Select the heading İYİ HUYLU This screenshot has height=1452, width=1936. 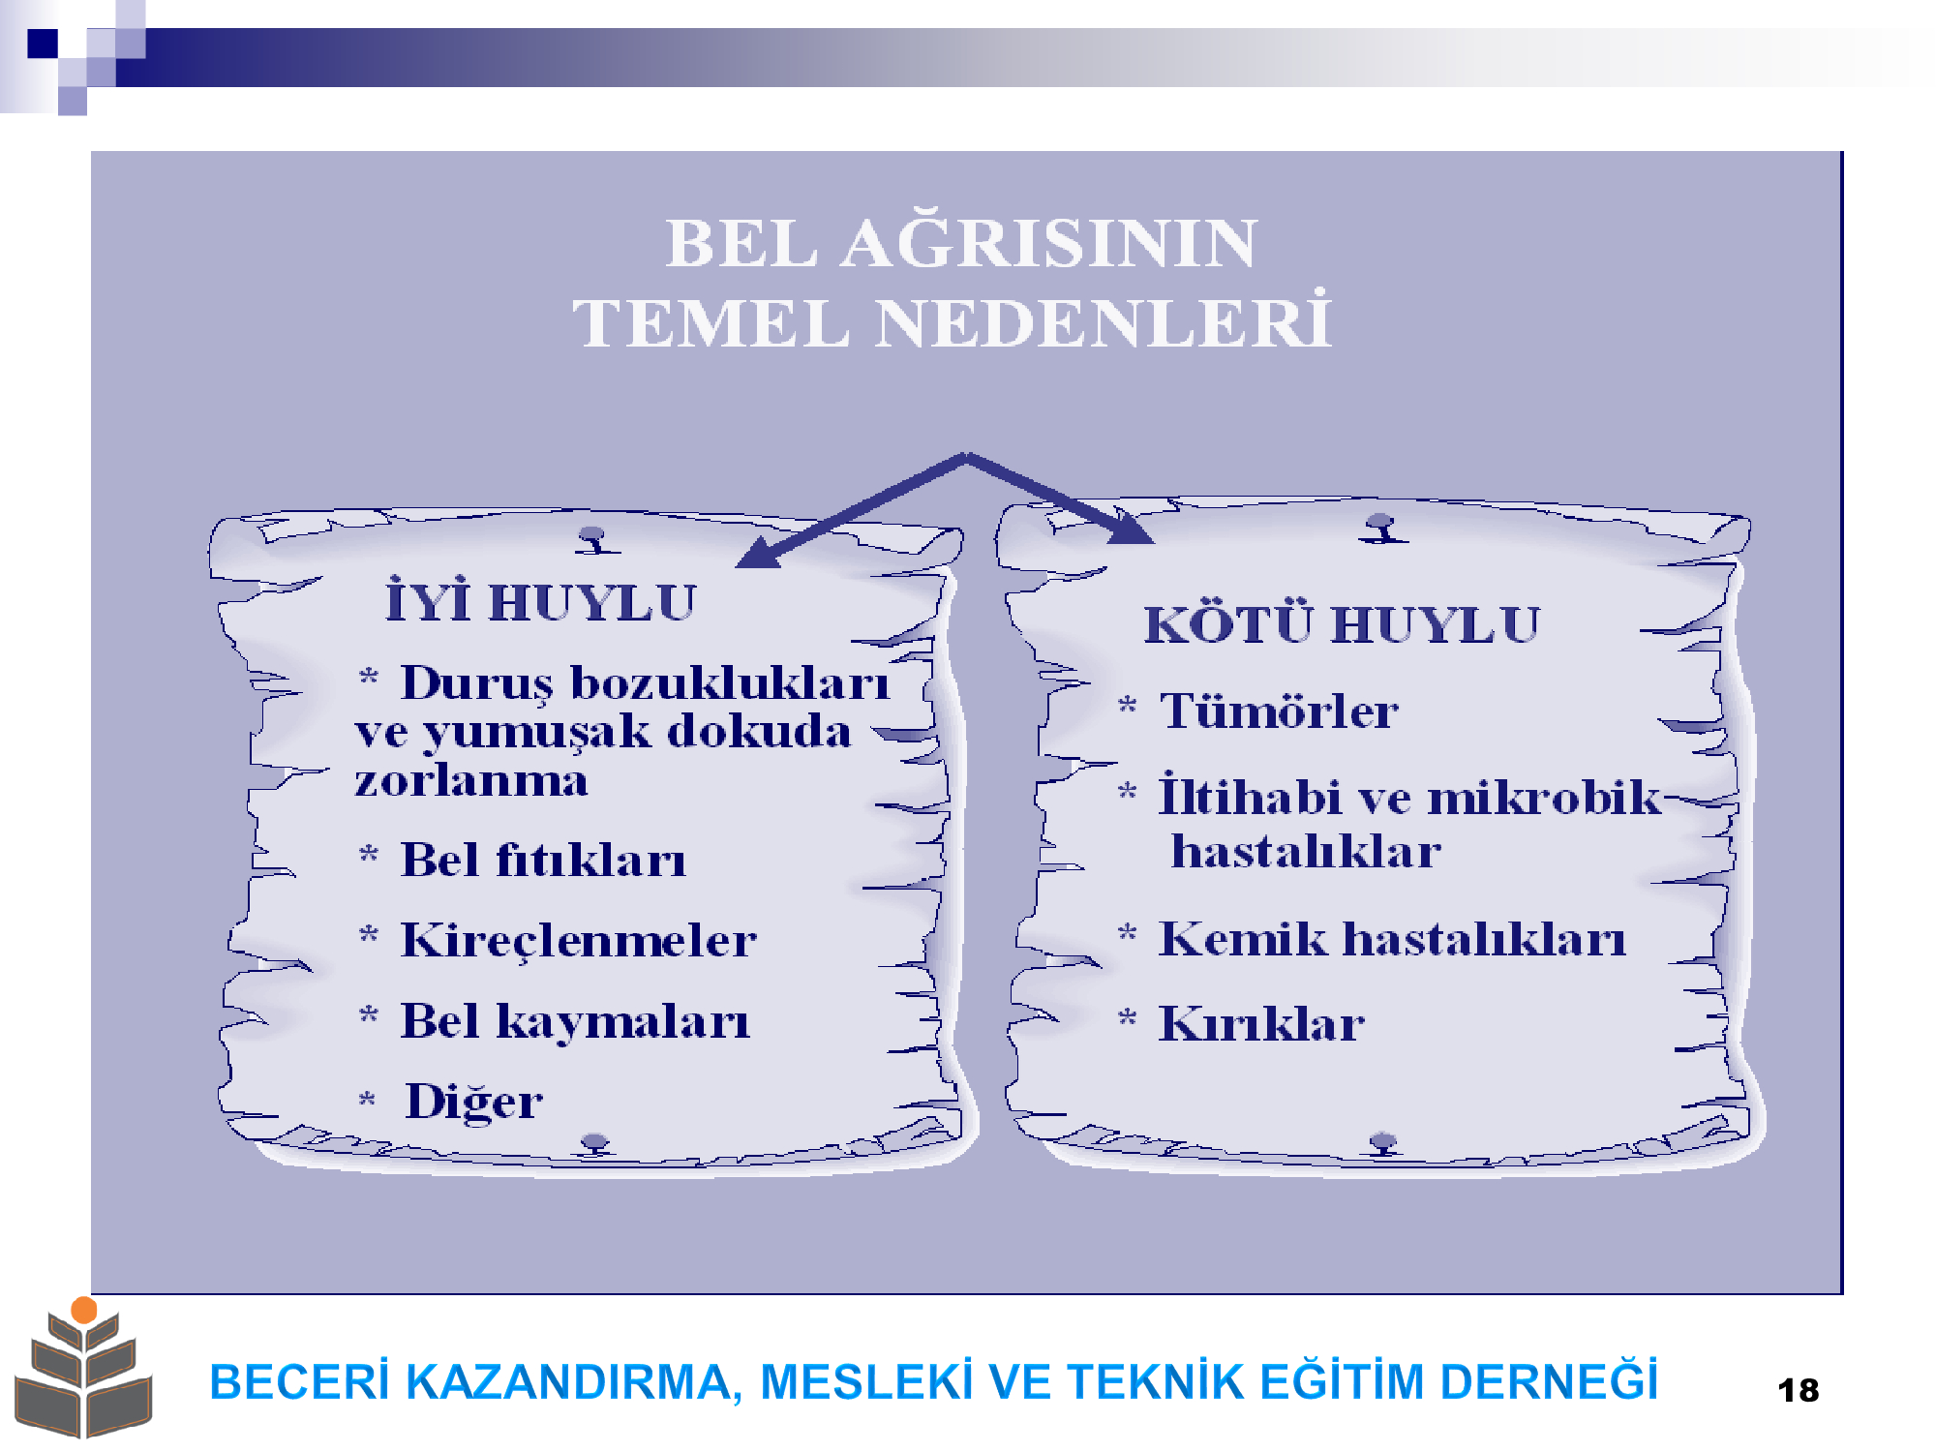[541, 600]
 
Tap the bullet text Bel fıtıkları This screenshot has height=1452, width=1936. [544, 860]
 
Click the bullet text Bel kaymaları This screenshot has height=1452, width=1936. [576, 1021]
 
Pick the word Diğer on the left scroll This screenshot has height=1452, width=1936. [474, 1102]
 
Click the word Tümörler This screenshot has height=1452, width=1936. [1279, 711]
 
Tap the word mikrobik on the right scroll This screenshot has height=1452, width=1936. [1545, 798]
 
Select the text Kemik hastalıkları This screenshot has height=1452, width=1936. [1393, 938]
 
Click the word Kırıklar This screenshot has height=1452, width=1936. [1262, 1023]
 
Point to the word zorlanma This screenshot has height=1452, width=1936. [471, 780]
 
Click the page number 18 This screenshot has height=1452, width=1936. [1799, 1391]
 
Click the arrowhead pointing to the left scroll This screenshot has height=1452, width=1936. [760, 553]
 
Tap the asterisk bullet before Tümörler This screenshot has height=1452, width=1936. [1128, 706]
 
